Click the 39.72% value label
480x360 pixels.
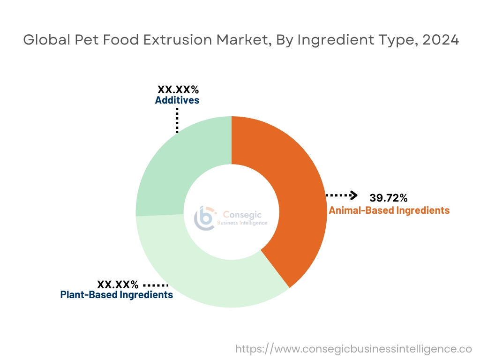388,197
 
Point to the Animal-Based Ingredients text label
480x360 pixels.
389,210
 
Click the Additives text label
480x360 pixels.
177,100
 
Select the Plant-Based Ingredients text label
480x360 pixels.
117,295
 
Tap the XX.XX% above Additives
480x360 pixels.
178,90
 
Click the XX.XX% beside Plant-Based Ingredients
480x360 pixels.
118,284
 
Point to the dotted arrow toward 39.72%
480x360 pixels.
342,195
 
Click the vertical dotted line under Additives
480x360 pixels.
177,120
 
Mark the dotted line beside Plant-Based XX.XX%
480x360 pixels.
155,285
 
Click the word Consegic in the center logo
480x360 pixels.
242,215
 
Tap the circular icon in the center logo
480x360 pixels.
206,218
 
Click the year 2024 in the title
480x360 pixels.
440,40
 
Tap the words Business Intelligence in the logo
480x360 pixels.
242,223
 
